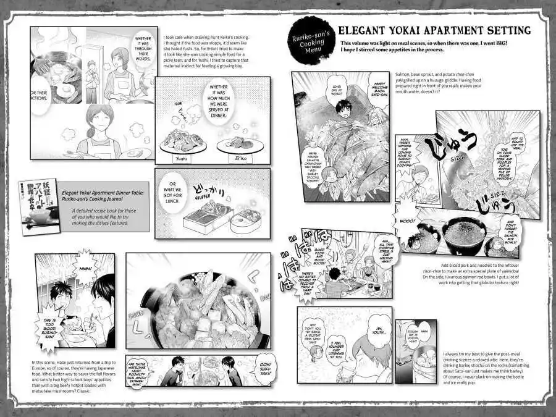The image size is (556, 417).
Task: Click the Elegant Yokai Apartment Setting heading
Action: coord(435,30)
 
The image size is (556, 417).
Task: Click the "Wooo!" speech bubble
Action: coord(408,221)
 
